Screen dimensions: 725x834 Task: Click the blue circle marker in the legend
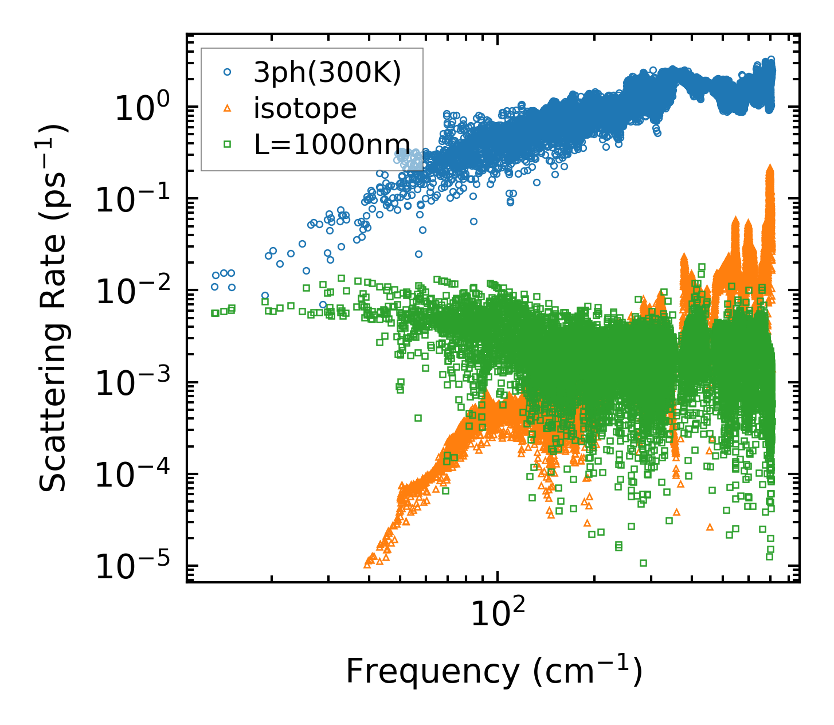click(x=228, y=72)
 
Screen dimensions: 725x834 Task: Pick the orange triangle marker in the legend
click(x=228, y=108)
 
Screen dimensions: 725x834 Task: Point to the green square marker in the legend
click(x=228, y=144)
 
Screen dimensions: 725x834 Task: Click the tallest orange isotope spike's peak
click(x=770, y=167)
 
